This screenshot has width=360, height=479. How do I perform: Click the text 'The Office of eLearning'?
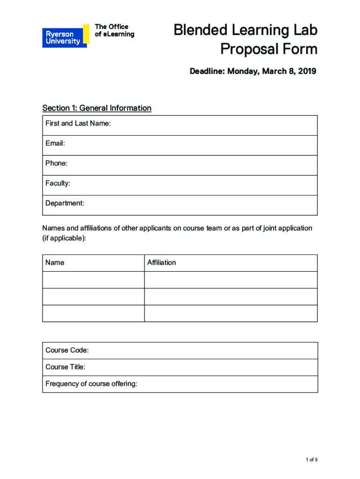(115, 30)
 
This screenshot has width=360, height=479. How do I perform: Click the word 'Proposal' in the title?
(250, 49)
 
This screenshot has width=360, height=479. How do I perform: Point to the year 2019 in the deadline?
(307, 71)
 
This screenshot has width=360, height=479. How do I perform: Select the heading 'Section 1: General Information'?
(97, 108)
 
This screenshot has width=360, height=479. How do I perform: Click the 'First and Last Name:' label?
(78, 123)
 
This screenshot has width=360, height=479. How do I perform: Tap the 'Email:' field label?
(55, 144)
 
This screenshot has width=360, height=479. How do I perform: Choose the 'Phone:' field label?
(57, 163)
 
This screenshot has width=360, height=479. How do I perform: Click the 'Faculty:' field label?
(58, 183)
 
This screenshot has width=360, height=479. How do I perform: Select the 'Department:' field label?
(65, 203)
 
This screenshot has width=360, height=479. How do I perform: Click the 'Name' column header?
(55, 262)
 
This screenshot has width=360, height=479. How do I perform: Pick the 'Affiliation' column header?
(162, 262)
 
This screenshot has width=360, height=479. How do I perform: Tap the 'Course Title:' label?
(65, 367)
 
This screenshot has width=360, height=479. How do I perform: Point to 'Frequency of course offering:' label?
(92, 384)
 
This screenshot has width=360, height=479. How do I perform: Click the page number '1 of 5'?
(312, 460)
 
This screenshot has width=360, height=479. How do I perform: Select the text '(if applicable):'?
(65, 238)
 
